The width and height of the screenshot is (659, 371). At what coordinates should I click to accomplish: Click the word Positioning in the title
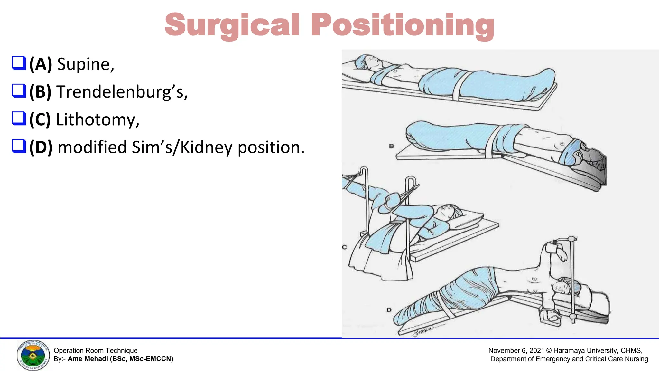coord(402,25)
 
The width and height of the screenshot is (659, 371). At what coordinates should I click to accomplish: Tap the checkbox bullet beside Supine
coord(19,63)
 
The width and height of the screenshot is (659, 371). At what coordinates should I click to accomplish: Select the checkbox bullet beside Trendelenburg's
coord(19,91)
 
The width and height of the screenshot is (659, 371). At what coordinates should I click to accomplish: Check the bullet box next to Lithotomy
coord(19,119)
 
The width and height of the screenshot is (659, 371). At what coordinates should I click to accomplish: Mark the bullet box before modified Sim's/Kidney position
coord(19,146)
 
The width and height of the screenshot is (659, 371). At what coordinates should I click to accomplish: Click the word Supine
coord(85,64)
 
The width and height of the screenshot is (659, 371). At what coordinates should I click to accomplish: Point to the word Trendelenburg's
coord(122,92)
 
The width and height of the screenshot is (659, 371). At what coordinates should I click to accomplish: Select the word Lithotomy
coord(97,119)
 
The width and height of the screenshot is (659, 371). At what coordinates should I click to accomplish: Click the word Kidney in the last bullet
coord(206,147)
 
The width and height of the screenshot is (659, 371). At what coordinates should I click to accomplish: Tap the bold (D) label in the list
coord(41,147)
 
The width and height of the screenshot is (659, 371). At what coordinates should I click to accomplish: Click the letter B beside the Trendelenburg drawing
coord(391,146)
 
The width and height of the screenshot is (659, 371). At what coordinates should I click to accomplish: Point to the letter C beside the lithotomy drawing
coord(344,247)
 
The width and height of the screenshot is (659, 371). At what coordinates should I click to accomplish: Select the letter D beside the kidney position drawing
coord(389,310)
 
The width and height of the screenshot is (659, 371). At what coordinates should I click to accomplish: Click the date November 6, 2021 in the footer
coord(516,351)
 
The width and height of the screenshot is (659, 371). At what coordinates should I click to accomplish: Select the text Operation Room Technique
coord(95,351)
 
